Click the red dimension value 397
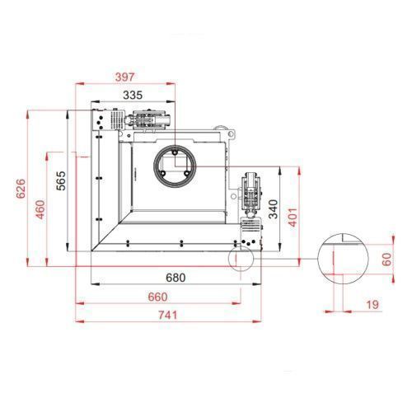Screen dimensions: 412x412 pos(125,77)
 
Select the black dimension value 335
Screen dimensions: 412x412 pos(133,95)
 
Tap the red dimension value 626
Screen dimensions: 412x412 pos(21,189)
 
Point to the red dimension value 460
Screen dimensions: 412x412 pos(40,209)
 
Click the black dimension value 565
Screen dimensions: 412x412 pos(61,180)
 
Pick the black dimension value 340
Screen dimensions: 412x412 pos(273,209)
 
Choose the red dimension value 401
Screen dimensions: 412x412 pos(293,218)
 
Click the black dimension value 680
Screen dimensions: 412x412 pos(176,278)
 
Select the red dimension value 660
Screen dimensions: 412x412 pos(157,297)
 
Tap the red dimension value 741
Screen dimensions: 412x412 pos(167,315)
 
